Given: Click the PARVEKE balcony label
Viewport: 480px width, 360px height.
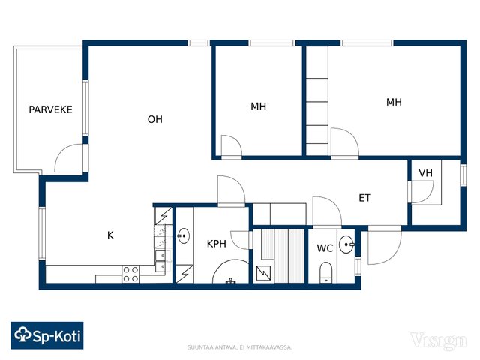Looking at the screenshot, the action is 50,109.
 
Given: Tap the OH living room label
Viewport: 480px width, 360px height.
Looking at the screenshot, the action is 155,119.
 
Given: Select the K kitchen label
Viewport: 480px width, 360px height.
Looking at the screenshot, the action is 110,235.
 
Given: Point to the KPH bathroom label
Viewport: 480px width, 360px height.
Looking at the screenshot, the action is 217,244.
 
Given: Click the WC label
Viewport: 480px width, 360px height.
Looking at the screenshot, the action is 325,248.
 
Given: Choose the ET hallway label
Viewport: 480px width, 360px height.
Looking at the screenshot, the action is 364,198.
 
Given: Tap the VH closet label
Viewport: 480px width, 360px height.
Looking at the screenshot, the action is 425,173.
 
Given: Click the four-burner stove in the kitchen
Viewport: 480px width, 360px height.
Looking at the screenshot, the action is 130,274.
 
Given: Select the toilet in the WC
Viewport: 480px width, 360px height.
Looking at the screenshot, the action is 325,272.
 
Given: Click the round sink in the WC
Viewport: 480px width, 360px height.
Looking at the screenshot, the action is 346,244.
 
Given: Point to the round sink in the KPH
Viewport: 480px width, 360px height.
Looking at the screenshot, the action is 184,235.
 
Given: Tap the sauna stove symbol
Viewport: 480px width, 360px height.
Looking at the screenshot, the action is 263,273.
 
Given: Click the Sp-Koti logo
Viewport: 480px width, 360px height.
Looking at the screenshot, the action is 47,335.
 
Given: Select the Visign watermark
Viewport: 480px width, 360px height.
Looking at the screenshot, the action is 439,340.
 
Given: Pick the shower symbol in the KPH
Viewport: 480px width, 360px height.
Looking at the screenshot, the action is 230,271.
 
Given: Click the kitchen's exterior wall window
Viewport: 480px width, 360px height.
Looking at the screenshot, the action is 42,234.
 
